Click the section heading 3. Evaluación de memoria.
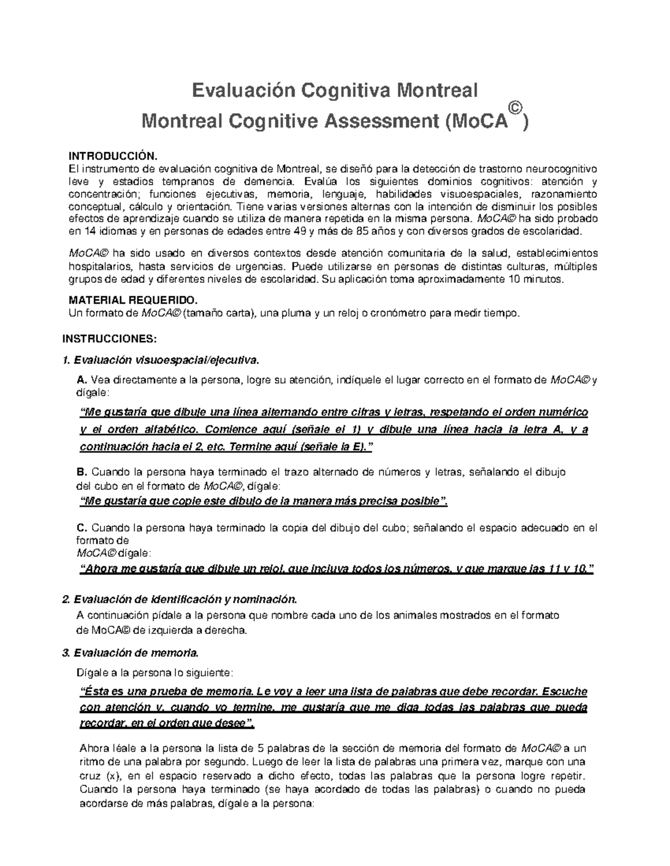point(130,652)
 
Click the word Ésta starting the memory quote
point(93,692)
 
